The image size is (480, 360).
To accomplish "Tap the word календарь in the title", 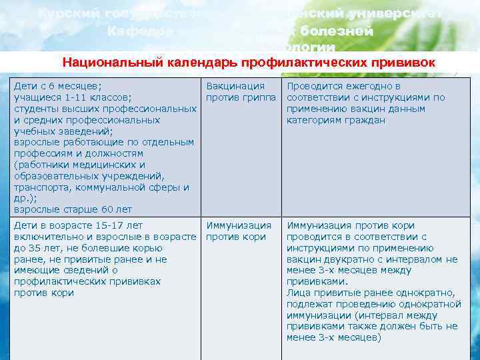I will click(189, 63).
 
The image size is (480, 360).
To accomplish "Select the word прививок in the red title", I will click(405, 63).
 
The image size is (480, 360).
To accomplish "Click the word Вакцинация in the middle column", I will click(235, 87).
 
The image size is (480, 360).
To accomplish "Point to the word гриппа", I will click(261, 98).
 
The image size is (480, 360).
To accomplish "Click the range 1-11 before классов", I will click(72, 98).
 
